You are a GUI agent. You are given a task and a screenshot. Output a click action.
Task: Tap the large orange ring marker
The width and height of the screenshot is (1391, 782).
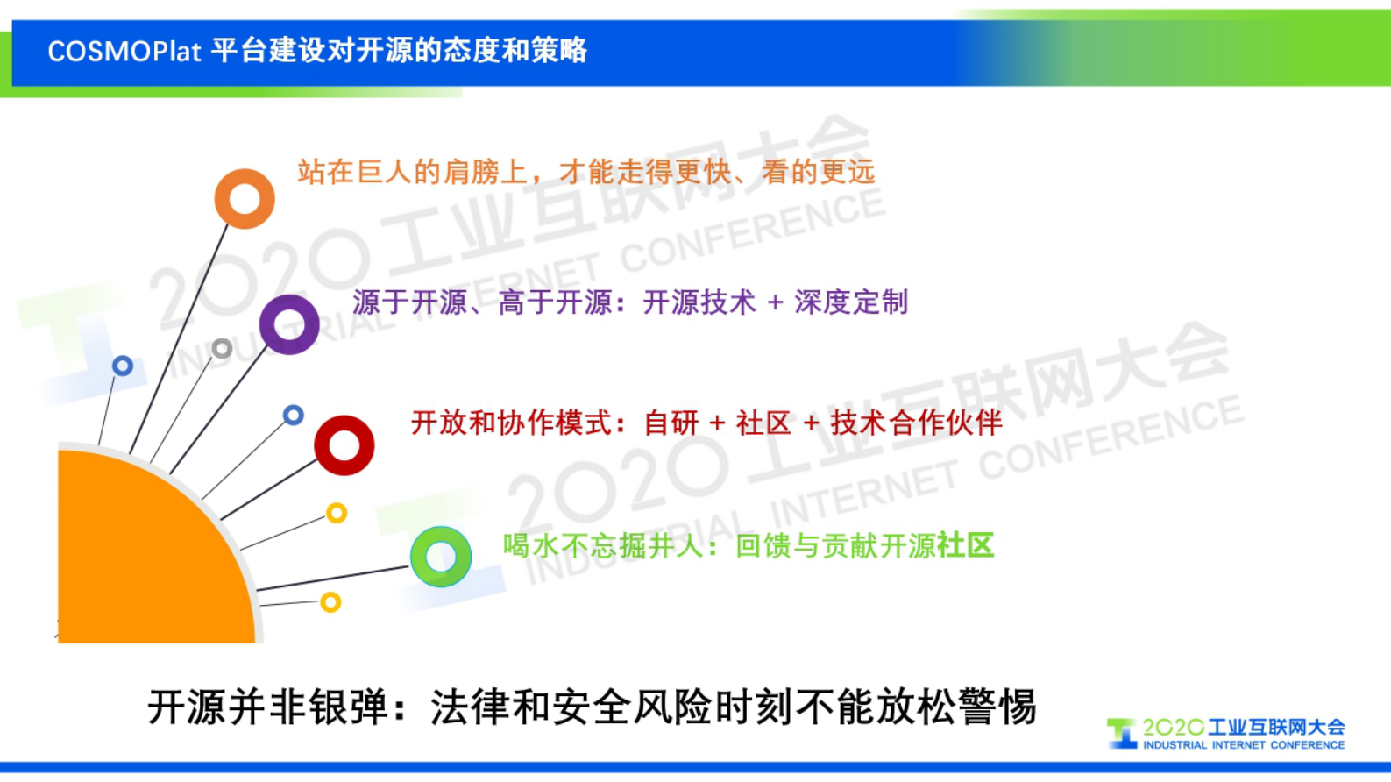(x=245, y=199)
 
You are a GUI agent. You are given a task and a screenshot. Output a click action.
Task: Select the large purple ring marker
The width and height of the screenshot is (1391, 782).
(x=289, y=324)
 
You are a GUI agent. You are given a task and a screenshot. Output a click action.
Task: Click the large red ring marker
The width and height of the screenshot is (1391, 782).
(x=344, y=445)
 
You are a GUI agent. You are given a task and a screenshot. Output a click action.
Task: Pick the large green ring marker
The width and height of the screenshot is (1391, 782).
(x=441, y=557)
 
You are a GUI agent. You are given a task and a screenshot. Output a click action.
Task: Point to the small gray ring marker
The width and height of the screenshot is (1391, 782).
(x=223, y=349)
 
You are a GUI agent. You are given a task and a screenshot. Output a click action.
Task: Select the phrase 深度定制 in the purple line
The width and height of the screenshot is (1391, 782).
(x=851, y=302)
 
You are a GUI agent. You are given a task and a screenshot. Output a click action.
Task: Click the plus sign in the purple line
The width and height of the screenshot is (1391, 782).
(x=775, y=302)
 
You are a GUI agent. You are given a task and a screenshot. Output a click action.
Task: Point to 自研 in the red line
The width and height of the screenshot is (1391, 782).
(x=671, y=423)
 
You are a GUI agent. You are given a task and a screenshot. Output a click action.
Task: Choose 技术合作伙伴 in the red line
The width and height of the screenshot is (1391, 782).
(x=916, y=423)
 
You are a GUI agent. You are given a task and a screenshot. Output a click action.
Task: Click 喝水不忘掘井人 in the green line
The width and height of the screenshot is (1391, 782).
(x=604, y=546)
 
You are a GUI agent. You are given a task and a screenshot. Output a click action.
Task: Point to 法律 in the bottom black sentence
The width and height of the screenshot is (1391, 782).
(x=470, y=707)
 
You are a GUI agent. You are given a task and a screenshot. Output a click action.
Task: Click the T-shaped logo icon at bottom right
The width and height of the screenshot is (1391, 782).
(x=1121, y=733)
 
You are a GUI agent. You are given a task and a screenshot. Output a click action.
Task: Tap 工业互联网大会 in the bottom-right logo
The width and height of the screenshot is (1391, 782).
(x=1276, y=727)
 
